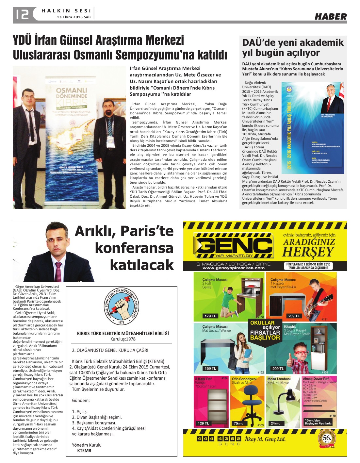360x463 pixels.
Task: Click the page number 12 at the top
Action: [x=21, y=14]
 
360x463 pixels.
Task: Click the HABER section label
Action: [x=331, y=16]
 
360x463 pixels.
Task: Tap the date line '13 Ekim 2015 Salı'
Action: [x=74, y=17]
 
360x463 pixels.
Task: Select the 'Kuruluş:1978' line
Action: [x=123, y=339]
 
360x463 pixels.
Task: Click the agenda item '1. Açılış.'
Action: [x=80, y=411]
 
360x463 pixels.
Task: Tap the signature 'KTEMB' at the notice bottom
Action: [x=84, y=450]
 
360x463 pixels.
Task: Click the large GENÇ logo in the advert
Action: [x=233, y=245]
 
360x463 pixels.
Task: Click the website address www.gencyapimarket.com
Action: [x=233, y=268]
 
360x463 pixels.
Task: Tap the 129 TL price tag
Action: [x=203, y=423]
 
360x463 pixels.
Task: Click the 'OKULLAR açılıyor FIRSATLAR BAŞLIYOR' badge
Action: [x=265, y=330]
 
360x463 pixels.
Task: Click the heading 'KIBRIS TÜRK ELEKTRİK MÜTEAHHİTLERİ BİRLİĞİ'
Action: [x=123, y=333]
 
